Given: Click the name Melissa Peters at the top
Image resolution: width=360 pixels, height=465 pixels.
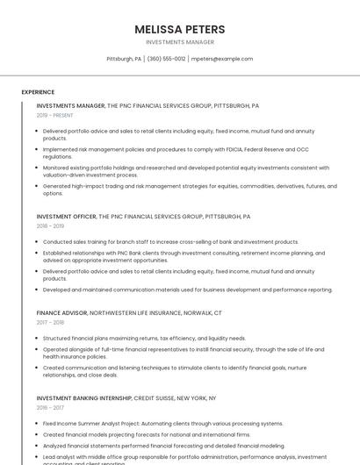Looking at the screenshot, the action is point(179,29).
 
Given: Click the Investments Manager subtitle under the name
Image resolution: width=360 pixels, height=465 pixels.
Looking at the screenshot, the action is point(179,41).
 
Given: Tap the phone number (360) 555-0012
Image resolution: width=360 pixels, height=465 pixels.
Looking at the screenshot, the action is point(166,59).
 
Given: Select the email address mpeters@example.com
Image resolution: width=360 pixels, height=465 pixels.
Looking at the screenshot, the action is point(222,59).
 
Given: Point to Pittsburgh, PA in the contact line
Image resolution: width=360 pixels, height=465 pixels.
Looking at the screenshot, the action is point(124,59).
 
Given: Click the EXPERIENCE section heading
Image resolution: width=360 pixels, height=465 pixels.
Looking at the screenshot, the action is point(38,91).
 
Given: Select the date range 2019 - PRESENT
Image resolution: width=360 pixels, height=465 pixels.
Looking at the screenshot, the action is point(54,115).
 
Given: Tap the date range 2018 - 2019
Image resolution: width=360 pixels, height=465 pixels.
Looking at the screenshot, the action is point(50,225).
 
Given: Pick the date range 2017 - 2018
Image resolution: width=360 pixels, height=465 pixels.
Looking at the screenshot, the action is point(50,322).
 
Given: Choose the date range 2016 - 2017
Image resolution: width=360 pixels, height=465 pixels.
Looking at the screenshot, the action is point(50,407).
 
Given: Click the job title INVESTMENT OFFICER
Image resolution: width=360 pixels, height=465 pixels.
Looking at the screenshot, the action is point(67,216).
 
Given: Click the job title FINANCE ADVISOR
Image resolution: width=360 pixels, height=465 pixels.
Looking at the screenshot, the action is point(61,312).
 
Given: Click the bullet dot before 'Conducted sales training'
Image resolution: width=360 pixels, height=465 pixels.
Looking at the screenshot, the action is point(38,242).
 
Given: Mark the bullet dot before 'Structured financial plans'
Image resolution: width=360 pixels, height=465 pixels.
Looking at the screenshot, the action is point(38,338).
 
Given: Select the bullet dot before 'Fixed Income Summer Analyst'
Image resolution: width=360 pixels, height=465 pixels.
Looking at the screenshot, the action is point(38,423).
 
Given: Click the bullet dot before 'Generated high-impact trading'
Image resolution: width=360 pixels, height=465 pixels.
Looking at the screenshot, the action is point(38,186).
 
